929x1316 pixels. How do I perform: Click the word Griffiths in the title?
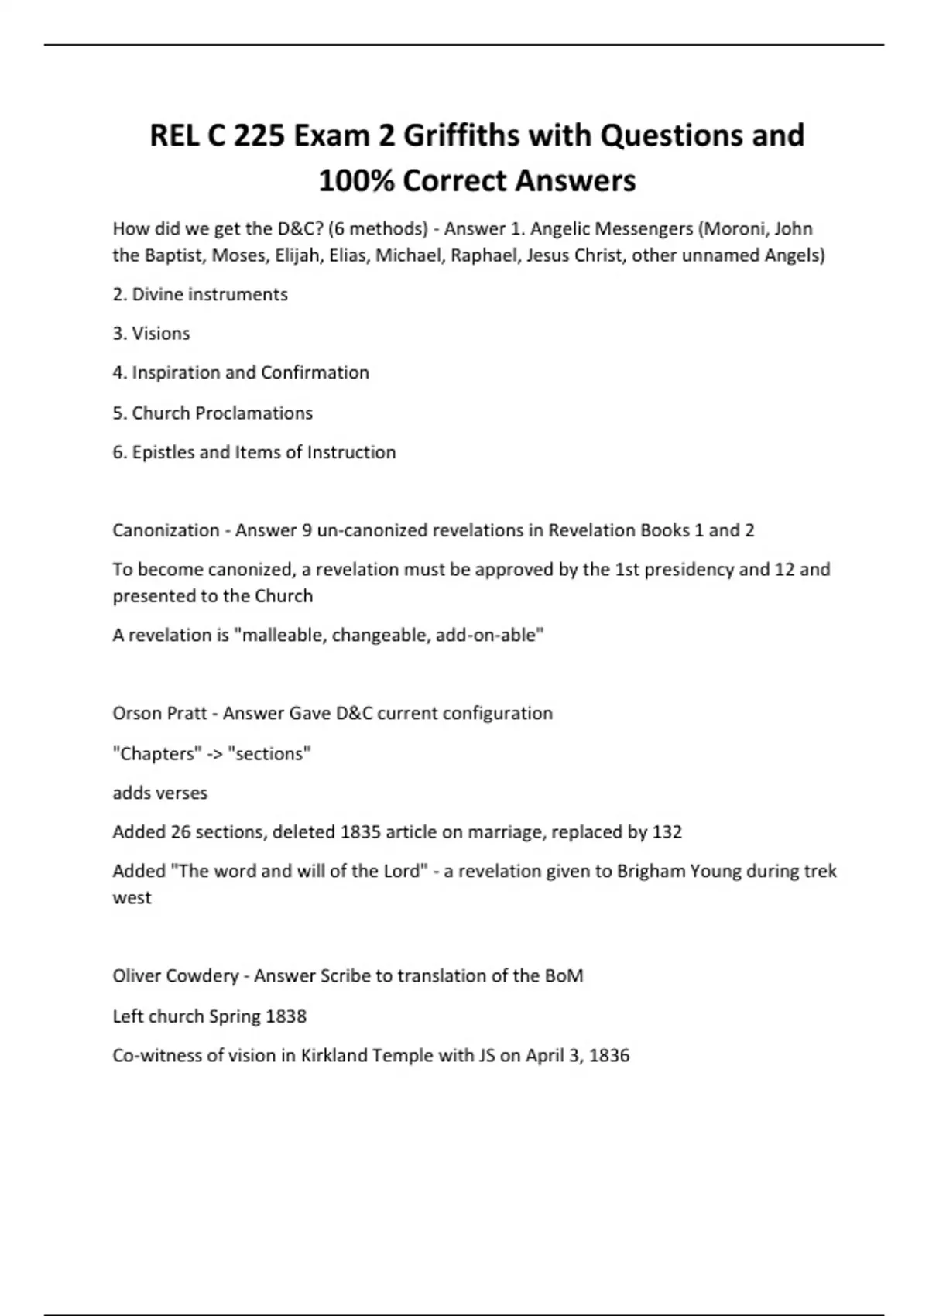(461, 135)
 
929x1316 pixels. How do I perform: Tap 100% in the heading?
(355, 181)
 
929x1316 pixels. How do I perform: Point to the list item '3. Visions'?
(151, 334)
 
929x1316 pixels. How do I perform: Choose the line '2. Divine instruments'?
(200, 295)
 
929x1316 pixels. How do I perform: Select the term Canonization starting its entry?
(166, 531)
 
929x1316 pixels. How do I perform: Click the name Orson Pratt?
(159, 714)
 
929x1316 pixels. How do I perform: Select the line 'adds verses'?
(159, 793)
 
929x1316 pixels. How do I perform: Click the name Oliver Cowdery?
(175, 976)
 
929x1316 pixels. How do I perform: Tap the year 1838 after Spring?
(286, 1016)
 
